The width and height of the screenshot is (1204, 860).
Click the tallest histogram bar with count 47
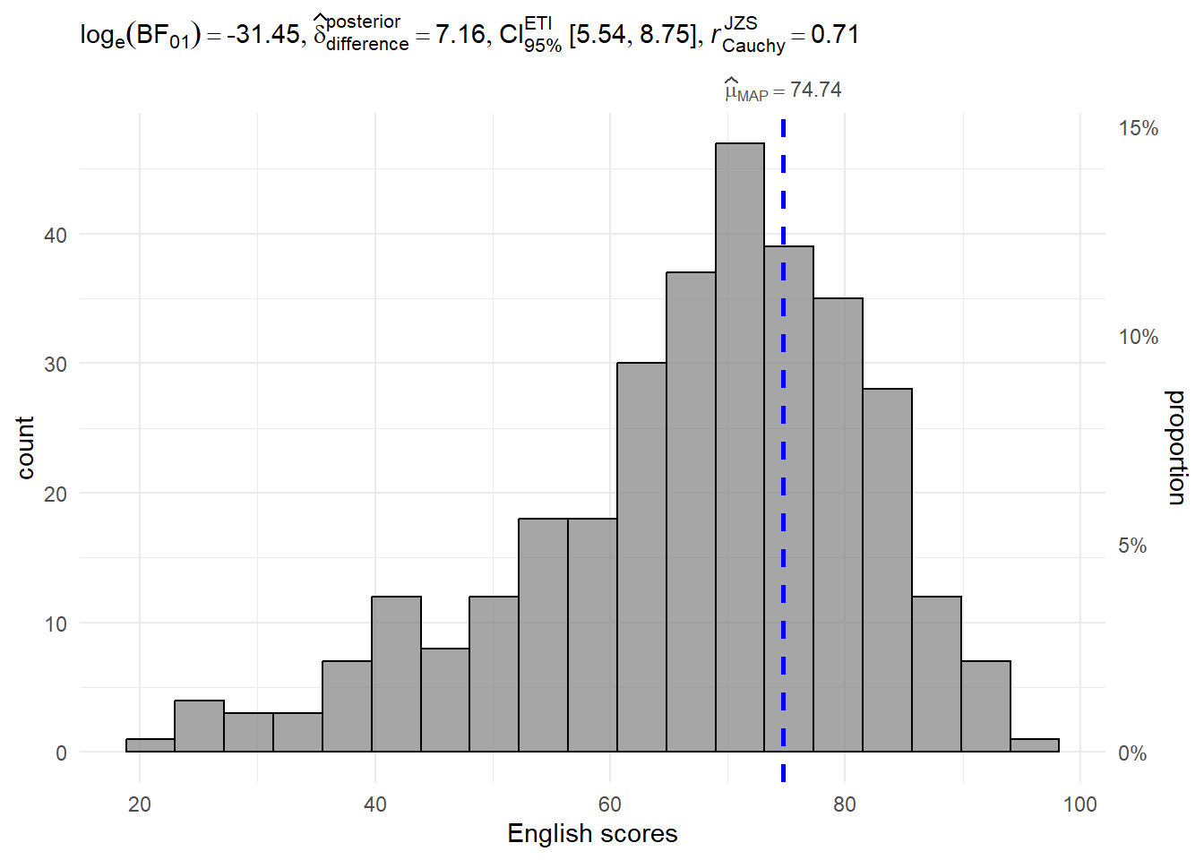(x=740, y=448)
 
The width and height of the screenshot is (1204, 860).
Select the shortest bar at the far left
(x=150, y=745)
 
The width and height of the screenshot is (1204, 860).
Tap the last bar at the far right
(x=1035, y=745)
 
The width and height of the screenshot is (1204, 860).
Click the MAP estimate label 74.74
(x=815, y=90)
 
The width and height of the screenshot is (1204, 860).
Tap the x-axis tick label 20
(x=140, y=804)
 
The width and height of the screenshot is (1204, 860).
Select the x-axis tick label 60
(x=610, y=804)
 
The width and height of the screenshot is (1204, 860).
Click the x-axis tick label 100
(x=1079, y=804)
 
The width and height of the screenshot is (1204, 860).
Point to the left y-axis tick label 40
(x=56, y=236)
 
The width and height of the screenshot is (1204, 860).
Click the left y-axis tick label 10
(x=56, y=624)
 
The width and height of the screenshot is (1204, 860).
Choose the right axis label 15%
(x=1138, y=129)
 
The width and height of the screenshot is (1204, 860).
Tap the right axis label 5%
(x=1132, y=546)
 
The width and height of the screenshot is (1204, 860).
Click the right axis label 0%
(x=1132, y=753)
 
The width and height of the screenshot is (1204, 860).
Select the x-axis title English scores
(x=592, y=833)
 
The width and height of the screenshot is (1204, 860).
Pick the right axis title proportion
(x=1176, y=448)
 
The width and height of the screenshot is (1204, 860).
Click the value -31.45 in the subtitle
(x=263, y=35)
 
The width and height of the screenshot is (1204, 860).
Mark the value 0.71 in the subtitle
(x=835, y=35)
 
